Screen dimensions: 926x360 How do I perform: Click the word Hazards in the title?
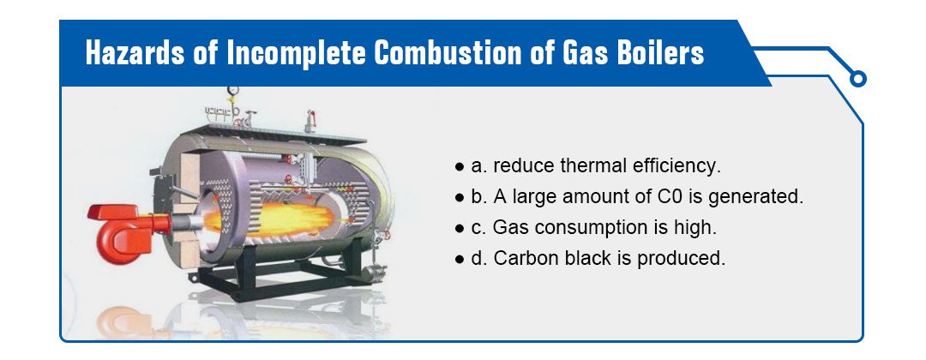[x=135, y=53]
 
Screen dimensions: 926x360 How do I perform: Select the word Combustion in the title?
[x=448, y=53]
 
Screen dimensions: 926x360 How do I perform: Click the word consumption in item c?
[x=583, y=228]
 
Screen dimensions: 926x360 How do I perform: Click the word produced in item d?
[x=680, y=259]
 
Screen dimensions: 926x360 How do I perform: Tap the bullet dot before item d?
[x=460, y=260]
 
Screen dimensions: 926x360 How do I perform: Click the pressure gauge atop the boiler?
[x=232, y=91]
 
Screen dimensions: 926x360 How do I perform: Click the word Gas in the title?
[x=577, y=53]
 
